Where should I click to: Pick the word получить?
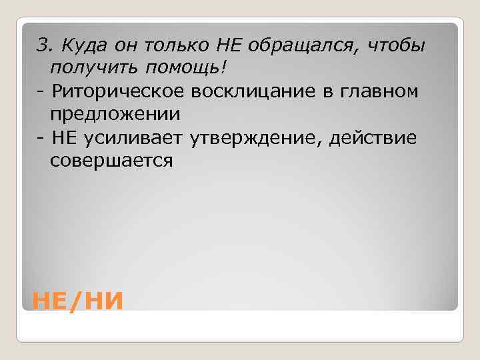(x=87, y=67)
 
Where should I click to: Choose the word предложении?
(x=114, y=114)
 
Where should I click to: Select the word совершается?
(x=110, y=161)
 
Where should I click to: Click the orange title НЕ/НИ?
(x=78, y=301)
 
